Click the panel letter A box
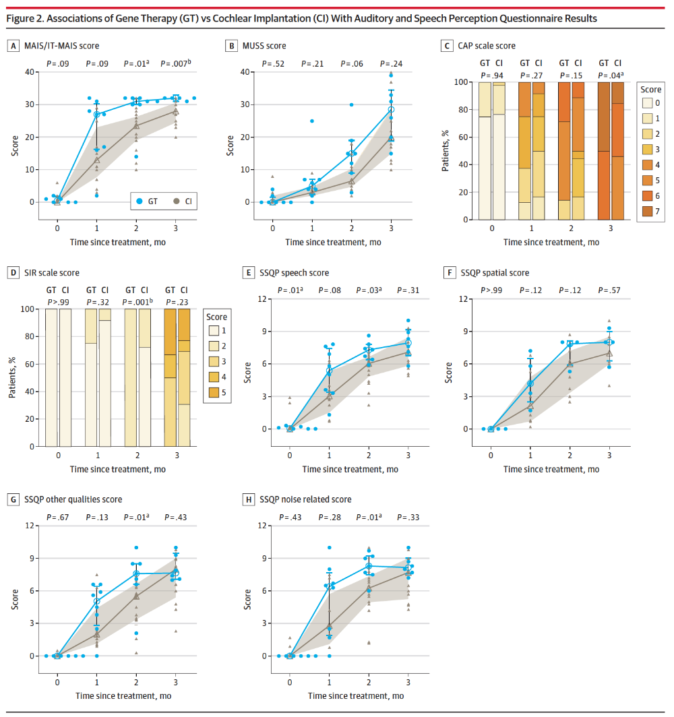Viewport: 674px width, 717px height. point(13,46)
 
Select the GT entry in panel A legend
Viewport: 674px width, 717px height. point(147,201)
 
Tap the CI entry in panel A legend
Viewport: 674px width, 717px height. point(183,201)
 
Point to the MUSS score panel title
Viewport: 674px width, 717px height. point(264,46)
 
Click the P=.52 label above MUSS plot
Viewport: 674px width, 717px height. point(273,64)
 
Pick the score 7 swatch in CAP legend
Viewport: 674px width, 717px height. point(648,212)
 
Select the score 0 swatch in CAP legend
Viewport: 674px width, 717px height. point(648,103)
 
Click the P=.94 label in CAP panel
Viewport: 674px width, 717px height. point(492,75)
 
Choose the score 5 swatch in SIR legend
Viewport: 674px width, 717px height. point(214,392)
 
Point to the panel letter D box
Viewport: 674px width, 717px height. point(13,273)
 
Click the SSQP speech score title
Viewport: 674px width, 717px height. point(294,273)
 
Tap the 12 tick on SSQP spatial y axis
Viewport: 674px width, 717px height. point(463,299)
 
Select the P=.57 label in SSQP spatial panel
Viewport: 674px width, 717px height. point(609,290)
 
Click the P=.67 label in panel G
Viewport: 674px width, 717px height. point(57,517)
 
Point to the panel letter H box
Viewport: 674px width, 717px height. point(248,500)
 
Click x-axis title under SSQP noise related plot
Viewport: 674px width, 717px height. point(356,696)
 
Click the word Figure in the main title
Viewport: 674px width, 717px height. point(21,19)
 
